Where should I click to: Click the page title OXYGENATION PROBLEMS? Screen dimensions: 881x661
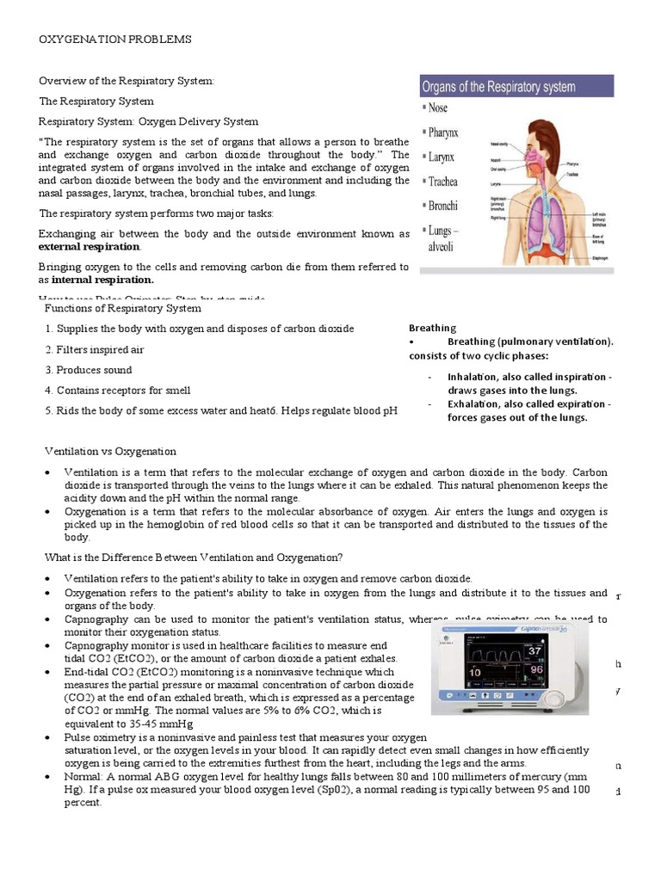115,40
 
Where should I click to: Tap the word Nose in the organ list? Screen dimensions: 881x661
438,108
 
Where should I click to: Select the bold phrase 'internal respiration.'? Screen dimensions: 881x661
102,280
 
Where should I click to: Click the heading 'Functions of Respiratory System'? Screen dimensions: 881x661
122,308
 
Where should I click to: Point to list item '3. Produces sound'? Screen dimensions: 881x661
89,370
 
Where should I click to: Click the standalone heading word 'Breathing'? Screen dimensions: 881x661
432,328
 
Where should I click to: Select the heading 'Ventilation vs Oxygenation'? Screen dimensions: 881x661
110,451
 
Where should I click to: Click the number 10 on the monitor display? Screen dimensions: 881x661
473,673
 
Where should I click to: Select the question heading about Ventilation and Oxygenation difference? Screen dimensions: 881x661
190,558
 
